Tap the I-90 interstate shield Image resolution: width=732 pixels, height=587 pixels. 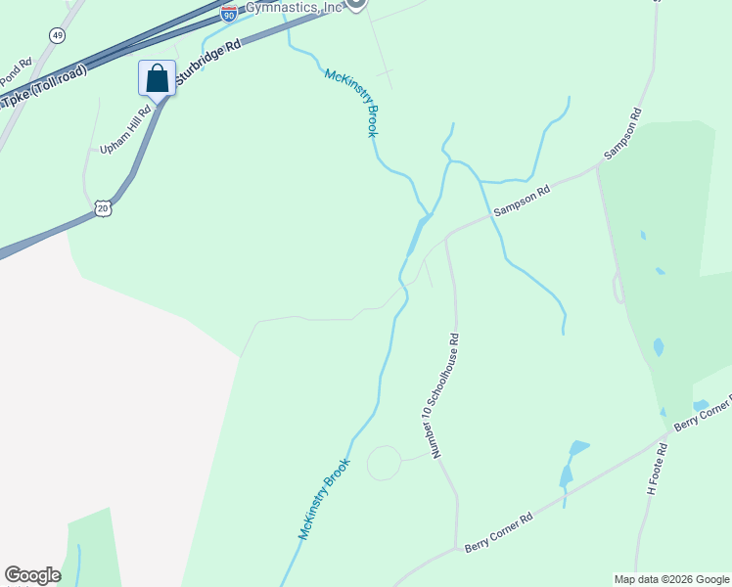(x=228, y=14)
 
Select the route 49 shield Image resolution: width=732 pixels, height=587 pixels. (x=59, y=35)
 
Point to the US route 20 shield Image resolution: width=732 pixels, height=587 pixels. (x=103, y=207)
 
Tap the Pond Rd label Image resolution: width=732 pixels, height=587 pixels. (x=16, y=71)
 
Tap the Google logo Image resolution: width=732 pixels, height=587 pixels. (x=32, y=575)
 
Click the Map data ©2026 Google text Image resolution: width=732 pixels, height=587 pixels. (x=670, y=579)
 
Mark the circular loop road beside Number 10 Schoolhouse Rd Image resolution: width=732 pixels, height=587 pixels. (x=384, y=463)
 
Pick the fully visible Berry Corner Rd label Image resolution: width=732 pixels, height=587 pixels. (x=498, y=531)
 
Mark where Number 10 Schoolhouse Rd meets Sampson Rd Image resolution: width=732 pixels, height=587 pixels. (x=446, y=237)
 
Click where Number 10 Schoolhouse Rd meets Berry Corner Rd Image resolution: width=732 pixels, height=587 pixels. (x=456, y=549)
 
